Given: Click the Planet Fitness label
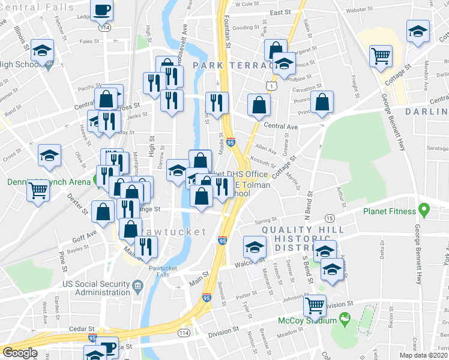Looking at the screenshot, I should (x=388, y=211).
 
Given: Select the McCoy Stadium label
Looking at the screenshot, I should (x=307, y=320).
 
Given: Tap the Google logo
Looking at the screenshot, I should (x=20, y=353).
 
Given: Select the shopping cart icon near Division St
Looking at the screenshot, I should (x=315, y=305).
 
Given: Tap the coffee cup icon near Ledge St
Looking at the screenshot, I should (x=103, y=10).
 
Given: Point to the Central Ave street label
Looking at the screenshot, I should (x=281, y=127).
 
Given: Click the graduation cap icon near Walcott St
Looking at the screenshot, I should (x=255, y=247).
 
